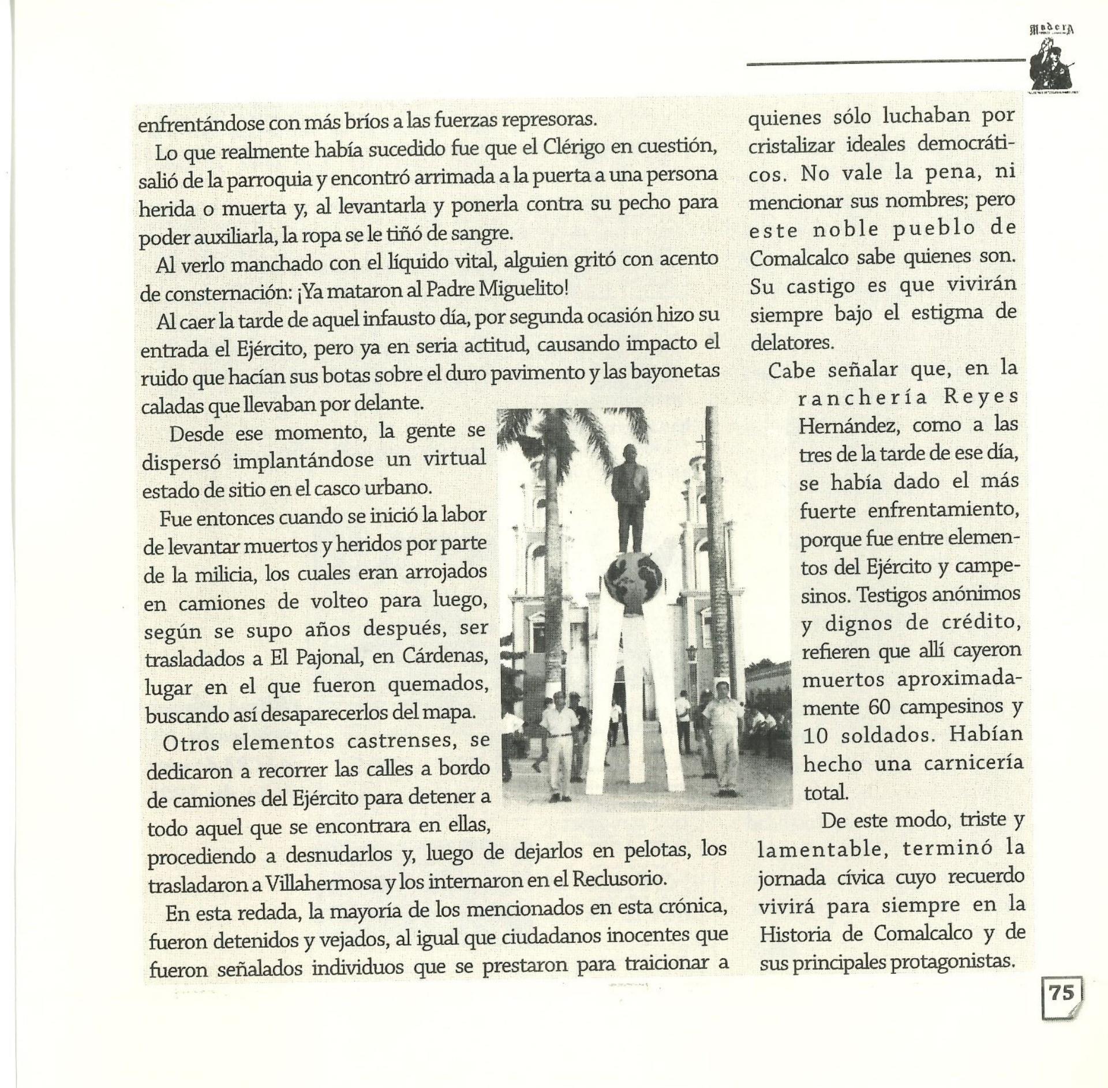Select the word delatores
[792, 343]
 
